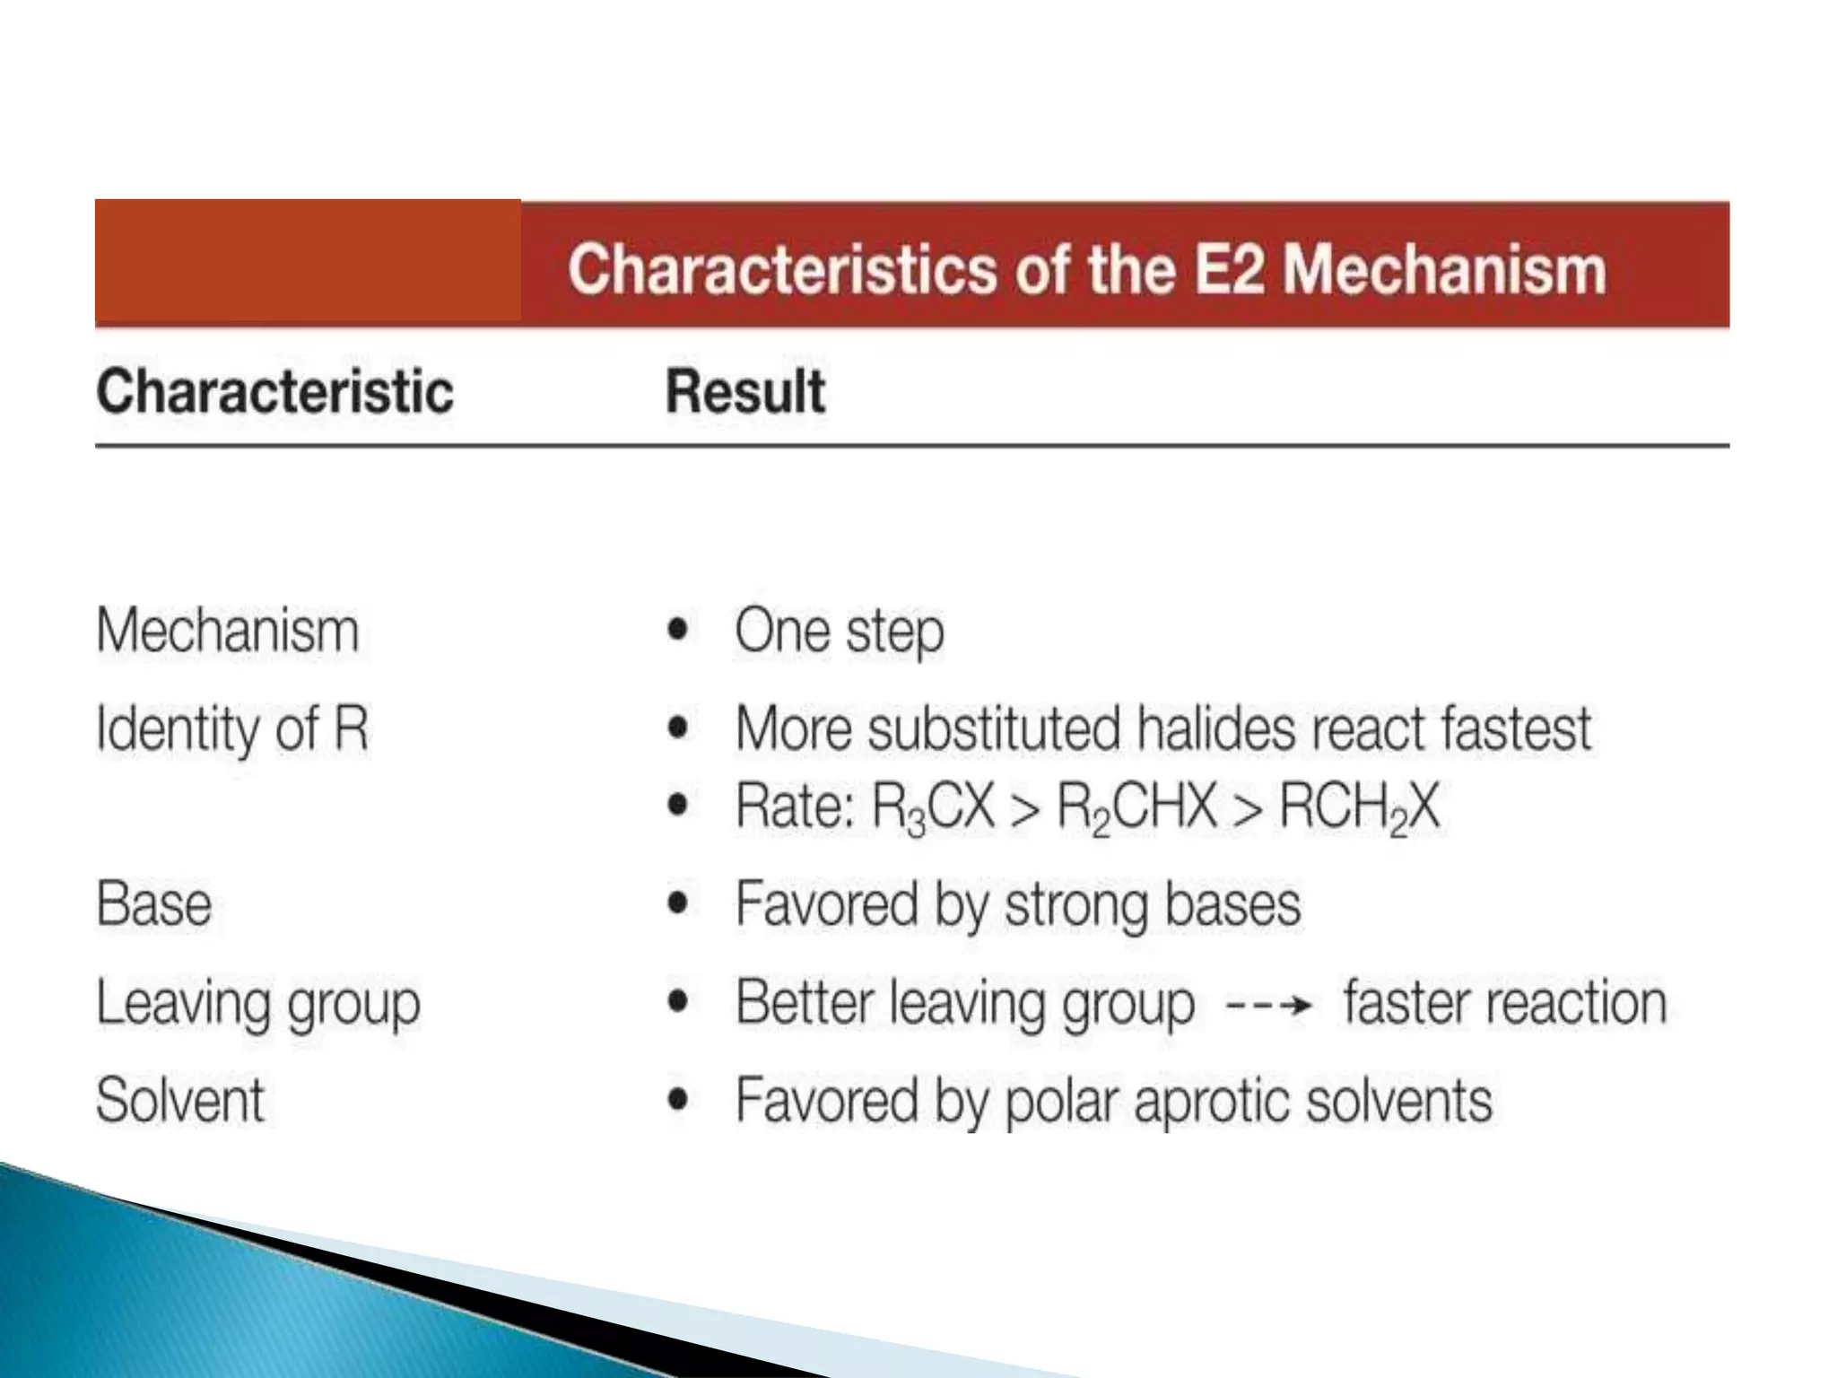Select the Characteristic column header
tap(274, 392)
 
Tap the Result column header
tap(744, 392)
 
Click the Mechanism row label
tap(228, 631)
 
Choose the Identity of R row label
tap(232, 728)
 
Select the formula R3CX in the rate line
tap(933, 807)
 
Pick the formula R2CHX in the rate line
tap(1136, 807)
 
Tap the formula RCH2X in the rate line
tap(1359, 807)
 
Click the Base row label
tap(154, 903)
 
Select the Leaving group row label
tap(258, 1003)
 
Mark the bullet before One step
tap(679, 630)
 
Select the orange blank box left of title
tap(308, 260)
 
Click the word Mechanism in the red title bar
tap(1444, 269)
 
